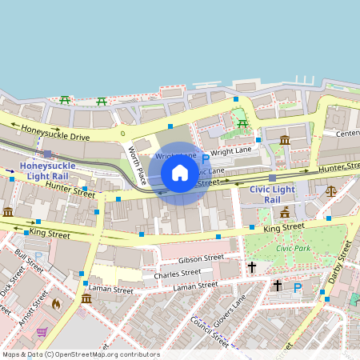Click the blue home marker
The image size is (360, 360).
[x=180, y=173]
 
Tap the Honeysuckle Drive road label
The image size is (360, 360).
[x=55, y=132]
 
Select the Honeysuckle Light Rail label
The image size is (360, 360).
[x=46, y=170]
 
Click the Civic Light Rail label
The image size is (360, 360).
[x=273, y=194]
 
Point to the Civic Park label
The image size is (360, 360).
[x=292, y=248]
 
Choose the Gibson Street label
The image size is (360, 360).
[x=201, y=259]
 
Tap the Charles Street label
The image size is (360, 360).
[x=178, y=274]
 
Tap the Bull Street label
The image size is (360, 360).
[x=26, y=265]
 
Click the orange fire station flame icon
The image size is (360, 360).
[x=56, y=304]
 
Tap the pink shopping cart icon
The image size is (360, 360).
[x=41, y=332]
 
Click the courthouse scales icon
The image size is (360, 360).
[x=331, y=191]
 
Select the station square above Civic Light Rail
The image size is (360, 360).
[x=272, y=178]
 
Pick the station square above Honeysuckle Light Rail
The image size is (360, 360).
[x=48, y=154]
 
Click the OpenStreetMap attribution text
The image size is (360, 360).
[x=80, y=354]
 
